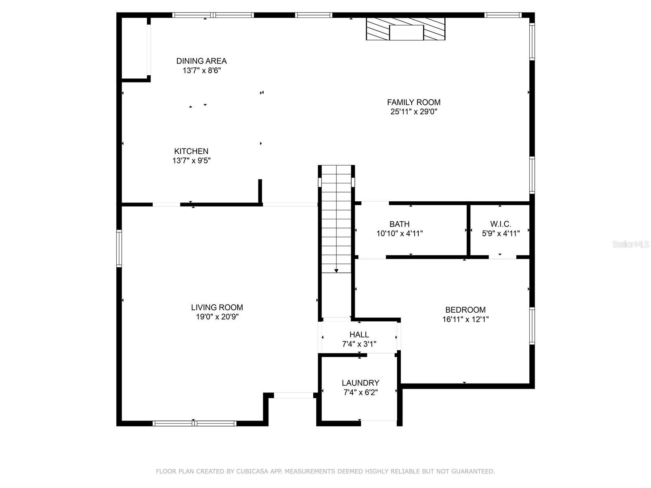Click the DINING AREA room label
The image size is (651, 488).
(x=201, y=61)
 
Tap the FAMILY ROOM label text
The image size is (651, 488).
(x=414, y=102)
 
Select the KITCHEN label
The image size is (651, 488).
(x=191, y=151)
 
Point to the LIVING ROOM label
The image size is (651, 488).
(x=217, y=307)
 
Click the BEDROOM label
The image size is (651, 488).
(x=465, y=309)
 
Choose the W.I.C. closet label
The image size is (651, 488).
(x=500, y=224)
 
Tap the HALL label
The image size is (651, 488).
(x=359, y=335)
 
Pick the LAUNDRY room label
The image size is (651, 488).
(x=360, y=383)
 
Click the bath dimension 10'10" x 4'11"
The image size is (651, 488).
(x=400, y=233)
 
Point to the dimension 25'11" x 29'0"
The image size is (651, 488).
(x=414, y=112)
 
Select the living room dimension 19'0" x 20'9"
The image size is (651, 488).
(x=217, y=317)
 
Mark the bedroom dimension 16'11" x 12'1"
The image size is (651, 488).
(x=465, y=319)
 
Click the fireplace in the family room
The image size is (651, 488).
(x=406, y=29)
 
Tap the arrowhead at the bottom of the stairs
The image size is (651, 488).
(x=336, y=271)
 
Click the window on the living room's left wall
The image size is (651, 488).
(x=119, y=248)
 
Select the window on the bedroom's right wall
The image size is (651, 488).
(x=532, y=326)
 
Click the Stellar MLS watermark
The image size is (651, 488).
(x=631, y=244)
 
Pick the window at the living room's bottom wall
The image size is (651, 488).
(x=194, y=423)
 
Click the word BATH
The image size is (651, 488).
(x=400, y=224)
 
